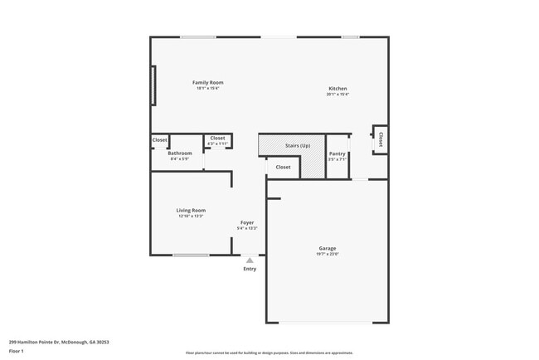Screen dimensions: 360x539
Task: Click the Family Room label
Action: pos(208,82)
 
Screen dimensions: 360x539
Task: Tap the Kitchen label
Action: pos(337,89)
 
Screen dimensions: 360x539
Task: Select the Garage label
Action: pos(328,248)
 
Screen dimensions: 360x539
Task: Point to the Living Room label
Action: pos(191,210)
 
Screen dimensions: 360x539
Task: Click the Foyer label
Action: pos(247,222)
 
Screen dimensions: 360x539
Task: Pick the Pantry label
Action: pos(337,153)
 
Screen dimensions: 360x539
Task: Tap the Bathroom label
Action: pos(180,153)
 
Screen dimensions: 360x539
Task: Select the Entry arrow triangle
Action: pos(250,260)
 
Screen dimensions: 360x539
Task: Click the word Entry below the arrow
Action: pos(250,269)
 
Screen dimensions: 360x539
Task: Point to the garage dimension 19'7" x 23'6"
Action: pos(328,254)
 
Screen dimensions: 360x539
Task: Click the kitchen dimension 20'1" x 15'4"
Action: pos(337,95)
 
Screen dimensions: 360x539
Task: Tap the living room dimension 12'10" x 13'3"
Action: pos(191,216)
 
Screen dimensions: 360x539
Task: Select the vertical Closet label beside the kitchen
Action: pos(381,139)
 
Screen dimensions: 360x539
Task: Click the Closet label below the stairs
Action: pos(283,167)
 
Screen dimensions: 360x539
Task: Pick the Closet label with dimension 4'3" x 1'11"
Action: pos(217,139)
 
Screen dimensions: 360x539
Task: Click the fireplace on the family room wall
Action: pos(153,85)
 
